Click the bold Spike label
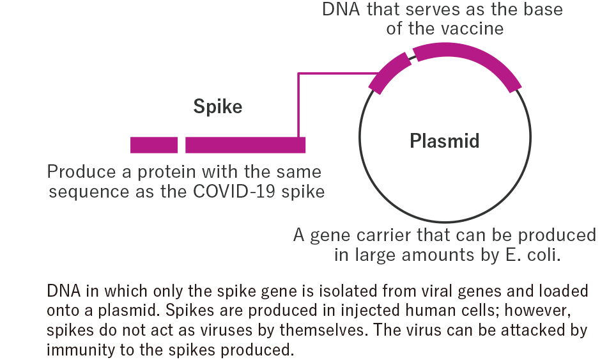point(218,107)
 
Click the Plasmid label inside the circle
point(444,141)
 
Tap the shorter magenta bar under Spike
point(154,145)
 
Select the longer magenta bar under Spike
point(245,145)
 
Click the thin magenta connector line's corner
point(299,74)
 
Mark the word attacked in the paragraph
point(528,331)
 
